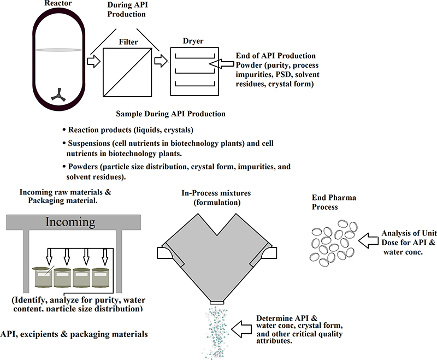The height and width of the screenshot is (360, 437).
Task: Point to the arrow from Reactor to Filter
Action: [x=93, y=61]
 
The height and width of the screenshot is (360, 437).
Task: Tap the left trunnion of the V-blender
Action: [x=163, y=253]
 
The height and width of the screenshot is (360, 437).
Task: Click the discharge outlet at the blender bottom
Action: [x=217, y=302]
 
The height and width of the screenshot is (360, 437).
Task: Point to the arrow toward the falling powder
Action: [x=243, y=328]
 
